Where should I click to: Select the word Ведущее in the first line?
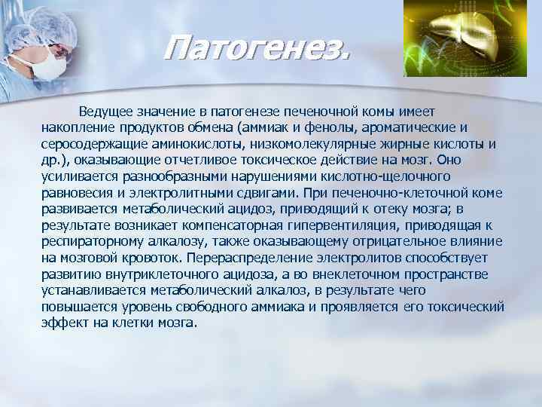tap(113, 112)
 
